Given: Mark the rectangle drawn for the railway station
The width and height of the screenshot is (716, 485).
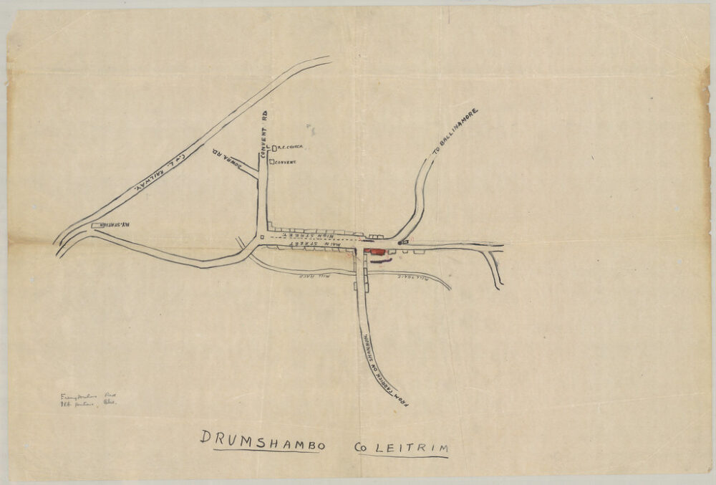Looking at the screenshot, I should pos(97,226).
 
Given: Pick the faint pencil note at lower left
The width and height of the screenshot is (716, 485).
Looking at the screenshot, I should pos(89,399).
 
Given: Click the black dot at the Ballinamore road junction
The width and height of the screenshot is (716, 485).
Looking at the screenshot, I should pos(400,243).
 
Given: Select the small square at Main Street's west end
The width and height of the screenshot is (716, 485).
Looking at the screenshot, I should pos(262,236).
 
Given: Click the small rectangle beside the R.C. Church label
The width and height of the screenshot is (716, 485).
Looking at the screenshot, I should pos(274,148).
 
